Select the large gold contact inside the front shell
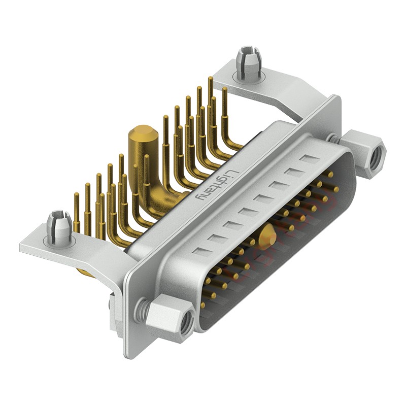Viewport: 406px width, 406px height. [x=267, y=236]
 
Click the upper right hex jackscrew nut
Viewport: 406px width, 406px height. [x=363, y=150]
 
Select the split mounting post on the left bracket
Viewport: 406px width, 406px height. [x=58, y=226]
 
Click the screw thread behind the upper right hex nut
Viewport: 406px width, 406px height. [x=332, y=137]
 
